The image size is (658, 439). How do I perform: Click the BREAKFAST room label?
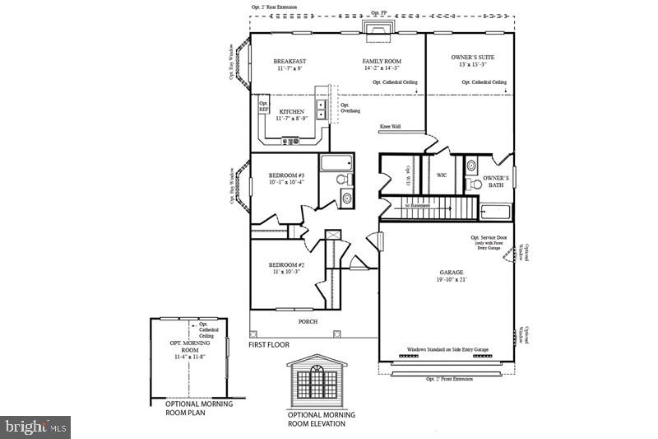[290, 62]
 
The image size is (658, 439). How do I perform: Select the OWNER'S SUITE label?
[472, 58]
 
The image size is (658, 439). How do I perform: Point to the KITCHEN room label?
[292, 112]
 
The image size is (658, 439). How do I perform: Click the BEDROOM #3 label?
[286, 175]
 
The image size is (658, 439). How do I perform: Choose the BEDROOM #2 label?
[285, 264]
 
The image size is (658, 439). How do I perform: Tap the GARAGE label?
[452, 272]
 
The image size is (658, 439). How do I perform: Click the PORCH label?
[308, 321]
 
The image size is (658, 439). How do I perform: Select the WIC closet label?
[442, 175]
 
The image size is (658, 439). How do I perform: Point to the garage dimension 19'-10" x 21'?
[452, 280]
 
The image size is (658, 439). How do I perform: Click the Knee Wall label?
[390, 127]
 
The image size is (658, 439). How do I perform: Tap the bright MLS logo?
[35, 427]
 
